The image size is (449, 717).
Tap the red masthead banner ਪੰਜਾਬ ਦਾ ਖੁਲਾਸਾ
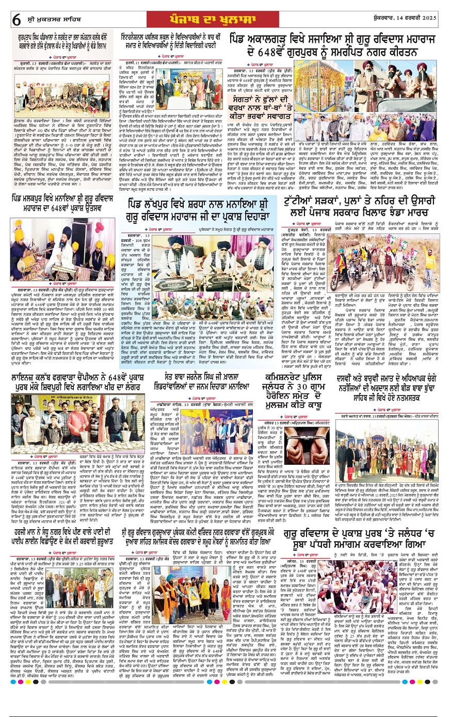(x=224, y=19)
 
